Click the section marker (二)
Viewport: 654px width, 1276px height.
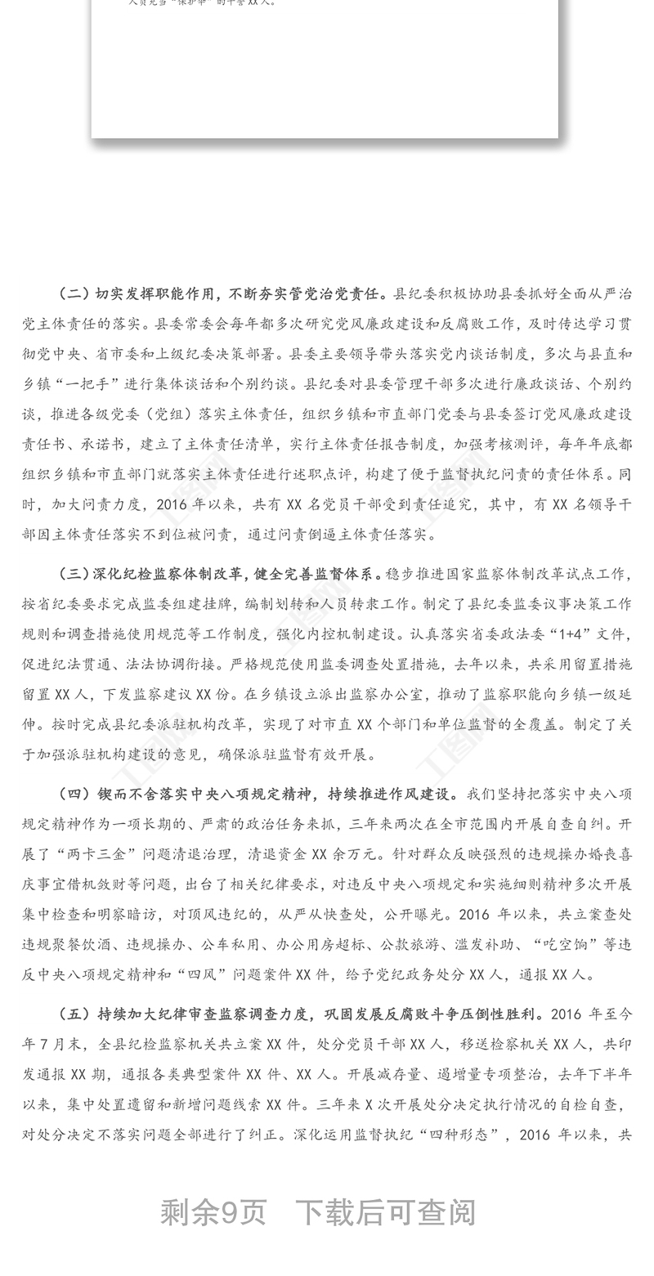[x=74, y=293]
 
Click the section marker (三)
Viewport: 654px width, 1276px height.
[x=74, y=574]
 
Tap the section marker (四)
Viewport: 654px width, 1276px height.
[x=74, y=794]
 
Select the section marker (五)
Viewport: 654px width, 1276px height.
[x=74, y=1014]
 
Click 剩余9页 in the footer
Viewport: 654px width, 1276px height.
[x=213, y=1212]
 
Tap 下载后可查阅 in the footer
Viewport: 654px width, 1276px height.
[x=385, y=1212]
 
